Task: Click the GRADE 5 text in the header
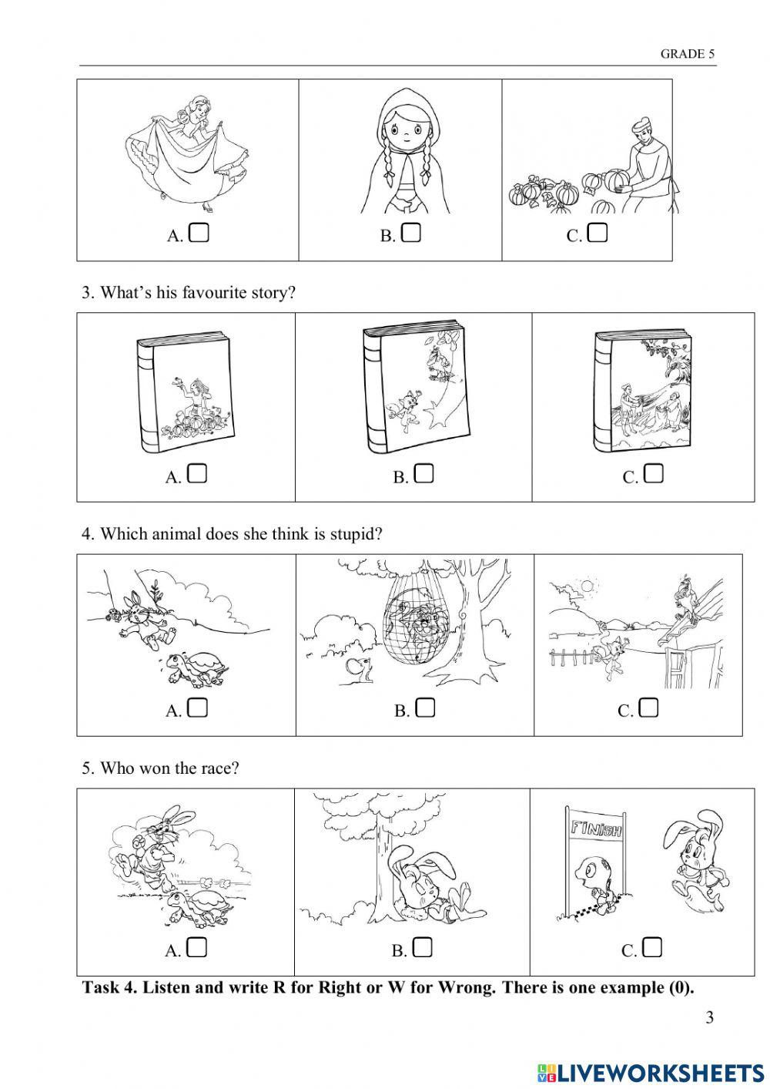687,54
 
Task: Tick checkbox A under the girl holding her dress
199,232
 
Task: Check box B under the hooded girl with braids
411,232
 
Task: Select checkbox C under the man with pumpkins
598,232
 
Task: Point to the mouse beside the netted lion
360,670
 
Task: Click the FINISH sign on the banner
595,830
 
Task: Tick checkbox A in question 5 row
197,947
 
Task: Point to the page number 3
709,1017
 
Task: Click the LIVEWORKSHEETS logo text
662,1072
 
